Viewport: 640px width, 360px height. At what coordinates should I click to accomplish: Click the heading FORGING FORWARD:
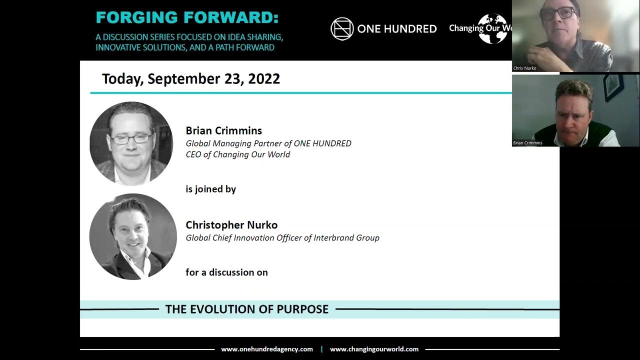(x=187, y=17)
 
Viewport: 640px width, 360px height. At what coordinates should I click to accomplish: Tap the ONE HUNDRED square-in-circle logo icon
(x=342, y=28)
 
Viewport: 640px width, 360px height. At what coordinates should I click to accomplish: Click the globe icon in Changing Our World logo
(x=492, y=28)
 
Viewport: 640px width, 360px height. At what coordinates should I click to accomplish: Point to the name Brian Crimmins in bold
(x=223, y=130)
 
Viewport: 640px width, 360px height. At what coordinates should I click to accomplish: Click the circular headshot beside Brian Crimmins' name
(x=131, y=143)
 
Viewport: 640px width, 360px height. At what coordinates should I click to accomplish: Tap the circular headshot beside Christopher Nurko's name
(x=133, y=236)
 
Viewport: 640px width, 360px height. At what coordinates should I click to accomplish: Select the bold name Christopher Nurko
(x=231, y=225)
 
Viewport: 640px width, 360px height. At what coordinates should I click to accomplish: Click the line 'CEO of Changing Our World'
(x=237, y=154)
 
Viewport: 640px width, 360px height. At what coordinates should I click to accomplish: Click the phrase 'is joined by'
(x=210, y=189)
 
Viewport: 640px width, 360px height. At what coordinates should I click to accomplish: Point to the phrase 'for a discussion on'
(x=226, y=272)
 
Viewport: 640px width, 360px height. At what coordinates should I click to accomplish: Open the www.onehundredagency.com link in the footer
(x=267, y=349)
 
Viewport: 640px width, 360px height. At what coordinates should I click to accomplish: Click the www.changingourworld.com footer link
(x=374, y=349)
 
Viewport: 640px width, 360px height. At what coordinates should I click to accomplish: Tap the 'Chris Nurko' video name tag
(x=524, y=68)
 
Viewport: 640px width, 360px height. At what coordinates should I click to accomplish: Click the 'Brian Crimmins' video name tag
(x=527, y=143)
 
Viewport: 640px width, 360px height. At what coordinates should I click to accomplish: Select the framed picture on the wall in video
(x=613, y=87)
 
